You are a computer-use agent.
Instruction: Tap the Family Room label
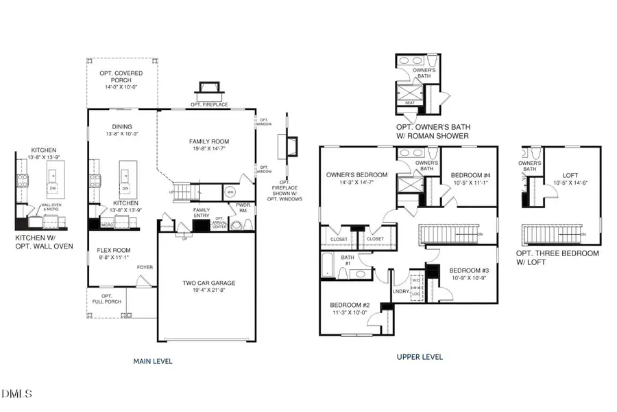point(208,142)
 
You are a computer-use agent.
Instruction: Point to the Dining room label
point(123,126)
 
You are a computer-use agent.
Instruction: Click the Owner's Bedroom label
point(356,174)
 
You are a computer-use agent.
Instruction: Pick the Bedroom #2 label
point(350,304)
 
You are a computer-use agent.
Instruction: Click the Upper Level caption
point(420,357)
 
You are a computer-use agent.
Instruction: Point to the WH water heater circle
point(230,192)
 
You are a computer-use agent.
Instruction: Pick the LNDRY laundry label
point(400,291)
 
